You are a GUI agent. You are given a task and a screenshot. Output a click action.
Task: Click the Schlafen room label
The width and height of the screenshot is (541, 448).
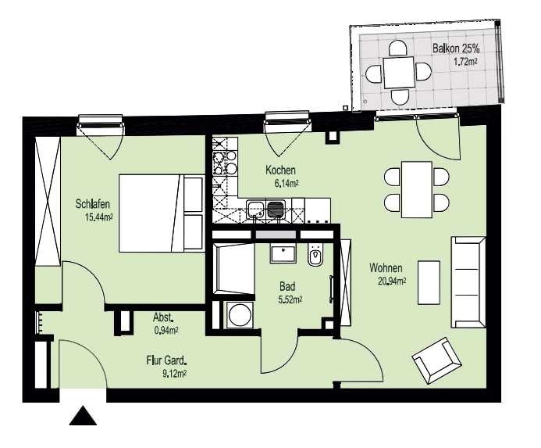92,204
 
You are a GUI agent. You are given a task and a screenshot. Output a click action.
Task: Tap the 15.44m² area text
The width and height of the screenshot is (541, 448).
99,217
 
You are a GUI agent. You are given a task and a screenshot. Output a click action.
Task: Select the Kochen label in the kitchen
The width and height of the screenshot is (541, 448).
280,170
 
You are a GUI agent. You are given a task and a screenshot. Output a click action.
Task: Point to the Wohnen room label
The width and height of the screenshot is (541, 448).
386,268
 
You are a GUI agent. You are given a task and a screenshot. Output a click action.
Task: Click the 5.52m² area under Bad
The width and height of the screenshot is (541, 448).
290,299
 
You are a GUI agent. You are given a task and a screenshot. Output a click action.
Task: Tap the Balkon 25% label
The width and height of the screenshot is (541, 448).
456,48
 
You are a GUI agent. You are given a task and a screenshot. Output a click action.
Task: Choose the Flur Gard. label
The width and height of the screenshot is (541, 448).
166,361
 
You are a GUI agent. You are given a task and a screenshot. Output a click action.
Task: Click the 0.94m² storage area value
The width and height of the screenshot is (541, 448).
166,331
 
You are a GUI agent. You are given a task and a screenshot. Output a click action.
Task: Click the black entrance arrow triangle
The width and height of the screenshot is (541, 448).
83,416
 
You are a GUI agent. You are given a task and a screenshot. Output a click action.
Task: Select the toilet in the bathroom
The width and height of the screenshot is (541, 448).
315,255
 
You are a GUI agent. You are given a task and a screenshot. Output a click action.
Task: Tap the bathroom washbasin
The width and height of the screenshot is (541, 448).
283,254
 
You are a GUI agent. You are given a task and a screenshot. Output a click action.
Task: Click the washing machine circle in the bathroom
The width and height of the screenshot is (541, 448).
240,315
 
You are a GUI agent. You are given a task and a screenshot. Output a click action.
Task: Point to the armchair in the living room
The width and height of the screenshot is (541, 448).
437,360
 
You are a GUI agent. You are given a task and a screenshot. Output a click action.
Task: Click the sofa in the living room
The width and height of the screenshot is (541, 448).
468,282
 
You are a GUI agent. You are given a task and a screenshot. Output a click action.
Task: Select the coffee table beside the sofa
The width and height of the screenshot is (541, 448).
429,282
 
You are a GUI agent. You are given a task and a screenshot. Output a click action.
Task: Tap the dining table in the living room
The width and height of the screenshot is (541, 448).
417,189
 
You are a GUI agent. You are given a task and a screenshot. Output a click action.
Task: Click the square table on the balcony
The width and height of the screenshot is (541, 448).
399,72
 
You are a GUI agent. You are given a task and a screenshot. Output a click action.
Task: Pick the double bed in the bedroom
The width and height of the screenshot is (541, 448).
162,213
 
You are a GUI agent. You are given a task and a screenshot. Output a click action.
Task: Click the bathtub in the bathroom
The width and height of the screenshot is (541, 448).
233,268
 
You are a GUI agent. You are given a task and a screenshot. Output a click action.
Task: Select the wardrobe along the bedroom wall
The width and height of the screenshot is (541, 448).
48,201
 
